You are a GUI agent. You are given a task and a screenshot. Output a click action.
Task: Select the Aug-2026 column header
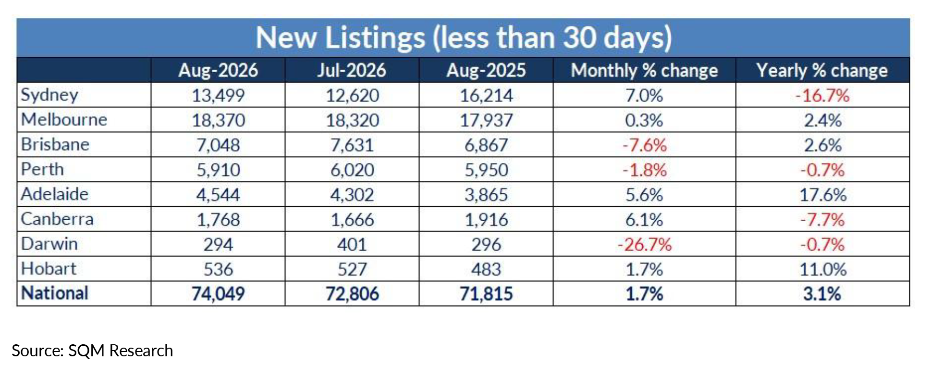[218, 71]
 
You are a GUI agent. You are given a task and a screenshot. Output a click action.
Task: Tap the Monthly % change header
[644, 71]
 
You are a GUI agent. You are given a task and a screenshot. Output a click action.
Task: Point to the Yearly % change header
[822, 71]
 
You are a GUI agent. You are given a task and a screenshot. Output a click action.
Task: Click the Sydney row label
[49, 95]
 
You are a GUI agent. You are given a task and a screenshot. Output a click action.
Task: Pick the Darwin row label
[49, 244]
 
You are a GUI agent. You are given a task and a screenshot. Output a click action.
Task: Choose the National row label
[55, 293]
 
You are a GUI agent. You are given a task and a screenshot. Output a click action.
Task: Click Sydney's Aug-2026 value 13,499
[218, 96]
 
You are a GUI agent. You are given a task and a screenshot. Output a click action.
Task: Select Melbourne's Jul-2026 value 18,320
[352, 120]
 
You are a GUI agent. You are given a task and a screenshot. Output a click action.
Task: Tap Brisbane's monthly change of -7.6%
[644, 145]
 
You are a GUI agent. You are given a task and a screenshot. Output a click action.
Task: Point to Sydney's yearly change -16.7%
[822, 96]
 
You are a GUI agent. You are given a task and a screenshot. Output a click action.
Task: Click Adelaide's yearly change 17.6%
[822, 195]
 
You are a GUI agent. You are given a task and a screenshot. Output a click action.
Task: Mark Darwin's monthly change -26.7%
[644, 245]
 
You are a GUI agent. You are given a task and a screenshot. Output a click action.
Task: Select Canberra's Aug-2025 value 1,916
[486, 220]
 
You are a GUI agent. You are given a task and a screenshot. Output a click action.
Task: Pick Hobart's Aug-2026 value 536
[218, 269]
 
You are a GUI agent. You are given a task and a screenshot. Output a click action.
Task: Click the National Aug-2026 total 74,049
[218, 294]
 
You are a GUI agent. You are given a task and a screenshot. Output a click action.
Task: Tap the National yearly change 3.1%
[822, 294]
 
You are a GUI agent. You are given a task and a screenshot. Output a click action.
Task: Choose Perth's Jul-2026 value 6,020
[352, 170]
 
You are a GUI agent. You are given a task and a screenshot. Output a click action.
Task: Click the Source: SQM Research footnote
[92, 351]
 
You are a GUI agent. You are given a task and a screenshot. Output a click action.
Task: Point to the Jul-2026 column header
[352, 71]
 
